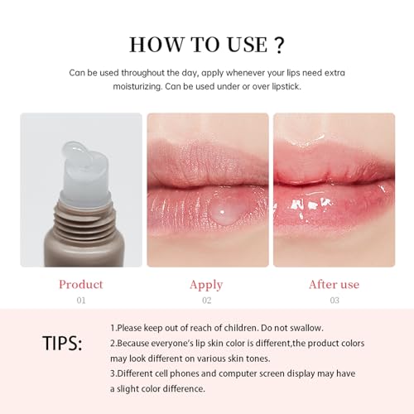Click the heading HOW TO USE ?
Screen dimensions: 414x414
pos(206,43)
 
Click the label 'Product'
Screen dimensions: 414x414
pos(80,284)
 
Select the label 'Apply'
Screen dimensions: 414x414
pos(206,284)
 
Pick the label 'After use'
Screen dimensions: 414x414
pos(334,284)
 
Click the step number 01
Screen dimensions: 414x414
pos(80,300)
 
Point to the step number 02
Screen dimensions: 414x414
pos(206,300)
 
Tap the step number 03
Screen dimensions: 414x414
pos(334,300)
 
